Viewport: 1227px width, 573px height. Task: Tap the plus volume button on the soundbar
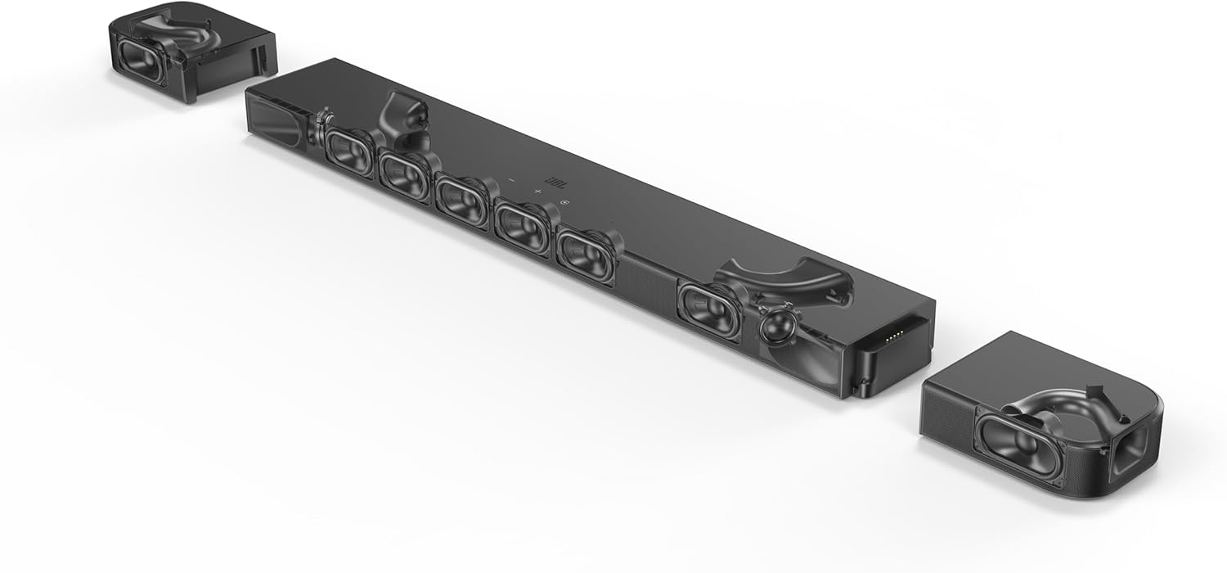point(537,192)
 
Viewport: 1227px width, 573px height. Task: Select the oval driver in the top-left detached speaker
point(142,62)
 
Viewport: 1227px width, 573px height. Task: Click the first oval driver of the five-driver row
point(350,147)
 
